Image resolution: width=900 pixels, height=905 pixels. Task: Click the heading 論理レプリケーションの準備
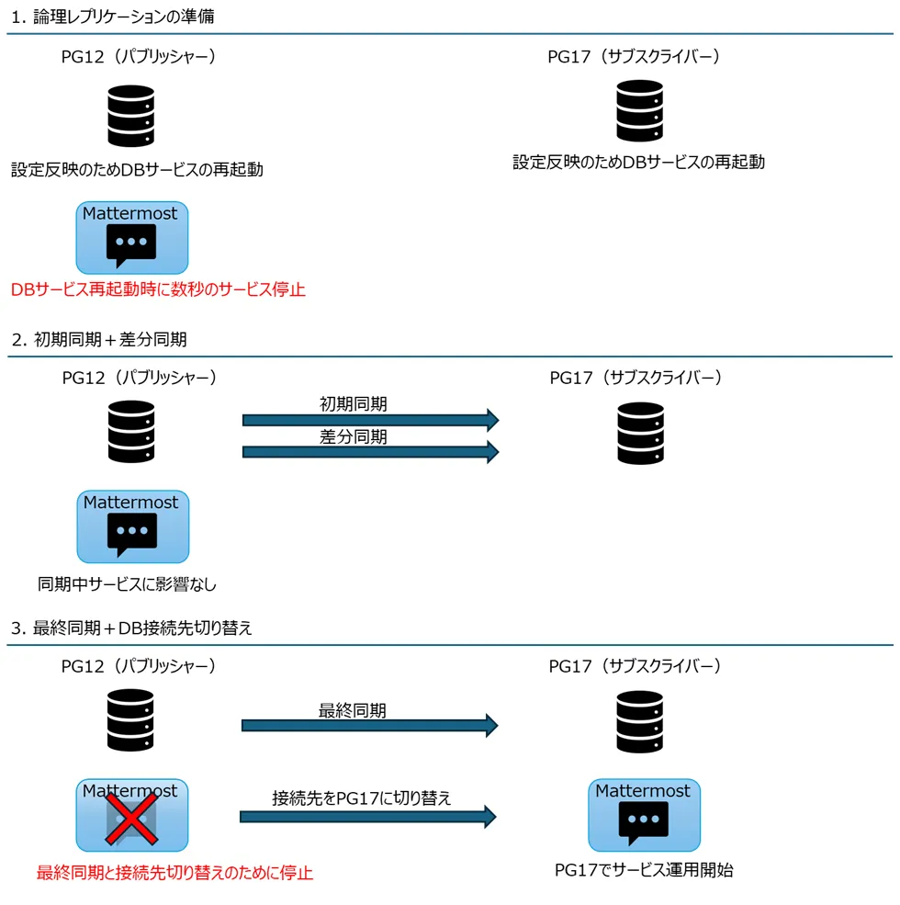click(123, 17)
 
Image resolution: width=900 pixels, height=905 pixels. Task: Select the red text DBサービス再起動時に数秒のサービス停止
click(158, 289)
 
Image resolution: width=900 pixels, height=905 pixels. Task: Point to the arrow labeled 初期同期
click(369, 420)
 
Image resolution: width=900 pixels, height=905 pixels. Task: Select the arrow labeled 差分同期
click(369, 452)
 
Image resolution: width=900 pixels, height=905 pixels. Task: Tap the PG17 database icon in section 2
click(639, 433)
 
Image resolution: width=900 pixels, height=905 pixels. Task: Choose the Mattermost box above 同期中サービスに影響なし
click(132, 526)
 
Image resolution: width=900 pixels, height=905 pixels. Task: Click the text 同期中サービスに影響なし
click(127, 583)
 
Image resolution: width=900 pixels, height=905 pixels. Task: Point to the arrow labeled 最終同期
click(369, 725)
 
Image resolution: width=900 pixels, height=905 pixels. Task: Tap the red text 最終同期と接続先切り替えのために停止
click(174, 872)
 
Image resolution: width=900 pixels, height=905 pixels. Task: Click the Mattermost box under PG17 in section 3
click(643, 814)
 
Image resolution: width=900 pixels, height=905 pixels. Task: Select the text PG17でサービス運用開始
click(643, 870)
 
